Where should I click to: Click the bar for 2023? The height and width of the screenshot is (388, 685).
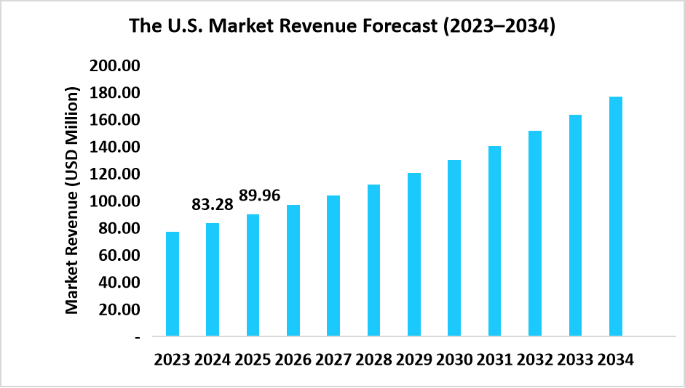(x=173, y=284)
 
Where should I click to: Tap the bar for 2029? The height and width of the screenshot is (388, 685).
(x=413, y=254)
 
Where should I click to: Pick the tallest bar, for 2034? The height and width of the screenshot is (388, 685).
(x=615, y=217)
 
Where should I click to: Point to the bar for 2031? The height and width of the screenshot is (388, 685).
(x=494, y=241)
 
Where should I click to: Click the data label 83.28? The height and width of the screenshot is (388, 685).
(x=213, y=205)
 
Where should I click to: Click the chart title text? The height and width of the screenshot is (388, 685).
(x=342, y=27)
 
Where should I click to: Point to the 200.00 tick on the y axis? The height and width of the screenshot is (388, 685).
(x=114, y=66)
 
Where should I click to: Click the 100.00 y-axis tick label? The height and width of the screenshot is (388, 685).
(x=114, y=201)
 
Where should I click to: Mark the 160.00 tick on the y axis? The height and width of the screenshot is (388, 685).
(x=114, y=120)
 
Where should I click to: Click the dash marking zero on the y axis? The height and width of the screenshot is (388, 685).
(x=136, y=337)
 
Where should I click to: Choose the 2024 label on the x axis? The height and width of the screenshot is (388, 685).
(x=212, y=360)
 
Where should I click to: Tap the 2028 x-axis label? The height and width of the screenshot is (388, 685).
(x=373, y=360)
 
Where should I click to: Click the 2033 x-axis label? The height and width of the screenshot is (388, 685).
(x=575, y=360)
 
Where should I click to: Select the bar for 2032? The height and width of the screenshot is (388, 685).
(x=535, y=233)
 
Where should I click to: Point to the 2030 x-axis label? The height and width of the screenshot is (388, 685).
(x=454, y=360)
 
